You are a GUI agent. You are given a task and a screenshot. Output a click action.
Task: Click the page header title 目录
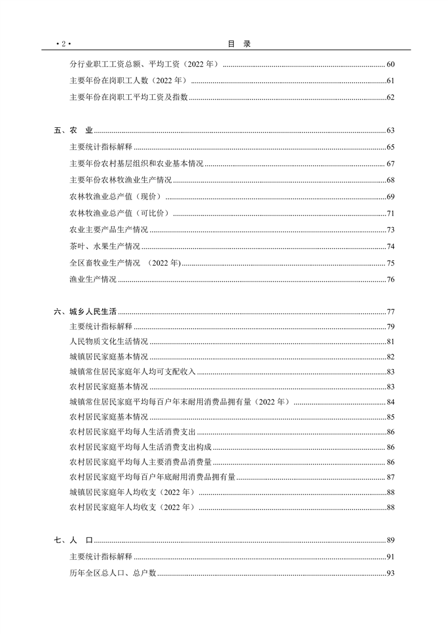[x=239, y=44]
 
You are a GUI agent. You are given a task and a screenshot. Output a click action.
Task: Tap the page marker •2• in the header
[x=63, y=44]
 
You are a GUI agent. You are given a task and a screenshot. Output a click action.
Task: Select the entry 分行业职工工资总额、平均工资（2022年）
[x=143, y=64]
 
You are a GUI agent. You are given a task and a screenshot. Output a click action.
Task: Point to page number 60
[x=390, y=64]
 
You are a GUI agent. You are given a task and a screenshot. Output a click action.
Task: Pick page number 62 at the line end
[x=390, y=97]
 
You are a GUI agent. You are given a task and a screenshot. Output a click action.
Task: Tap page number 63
[x=390, y=131]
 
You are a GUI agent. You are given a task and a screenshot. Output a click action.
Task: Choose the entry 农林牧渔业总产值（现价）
[x=116, y=197]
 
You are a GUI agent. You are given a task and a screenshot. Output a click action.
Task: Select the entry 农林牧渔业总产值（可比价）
[x=120, y=213]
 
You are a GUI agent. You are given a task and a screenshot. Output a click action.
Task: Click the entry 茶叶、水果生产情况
[x=105, y=246]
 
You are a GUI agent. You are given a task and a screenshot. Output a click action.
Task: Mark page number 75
[x=390, y=263]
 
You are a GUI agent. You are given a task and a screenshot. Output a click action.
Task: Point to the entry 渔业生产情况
[x=93, y=279]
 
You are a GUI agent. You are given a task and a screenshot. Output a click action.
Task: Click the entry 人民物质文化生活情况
[x=108, y=342]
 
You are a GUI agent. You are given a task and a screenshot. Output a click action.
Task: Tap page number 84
[x=390, y=402]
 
